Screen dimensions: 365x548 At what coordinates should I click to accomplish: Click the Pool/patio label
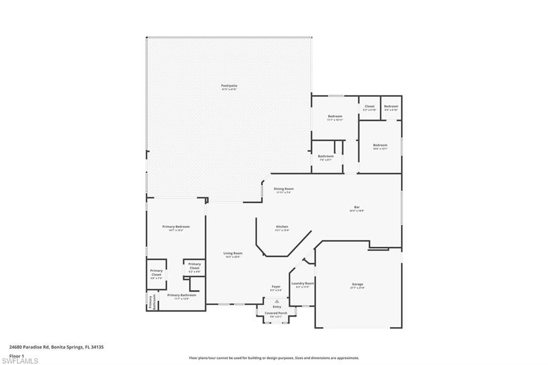coord(229,87)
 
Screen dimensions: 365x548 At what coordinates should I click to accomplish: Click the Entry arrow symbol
coord(277,302)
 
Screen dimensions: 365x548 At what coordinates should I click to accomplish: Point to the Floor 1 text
coord(17,355)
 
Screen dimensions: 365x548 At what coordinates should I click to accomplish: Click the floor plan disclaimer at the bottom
coord(273,358)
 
